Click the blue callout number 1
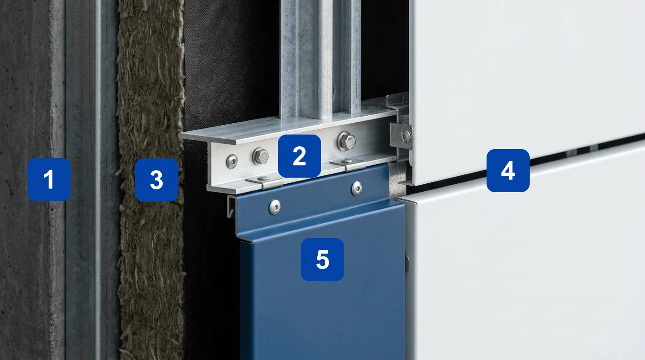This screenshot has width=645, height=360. coord(49,179)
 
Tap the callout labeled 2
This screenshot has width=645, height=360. coord(300,156)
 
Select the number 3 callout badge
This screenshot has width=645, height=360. coord(157,180)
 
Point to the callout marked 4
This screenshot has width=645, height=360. coord(508,171)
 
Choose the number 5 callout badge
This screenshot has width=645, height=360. coord(322,260)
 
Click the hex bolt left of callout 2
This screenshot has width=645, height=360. coord(261,156)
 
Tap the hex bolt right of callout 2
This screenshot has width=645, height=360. coord(346,141)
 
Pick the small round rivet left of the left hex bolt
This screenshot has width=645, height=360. coord(232,161)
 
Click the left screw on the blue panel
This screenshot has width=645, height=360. coord(275,207)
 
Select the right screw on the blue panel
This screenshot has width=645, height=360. coord(357,188)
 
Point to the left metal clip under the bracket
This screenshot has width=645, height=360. coord(265,181)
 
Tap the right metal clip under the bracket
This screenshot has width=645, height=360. coord(348,164)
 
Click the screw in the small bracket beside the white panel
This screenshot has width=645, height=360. coord(406,135)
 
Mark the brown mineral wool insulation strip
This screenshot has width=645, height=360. coord(151,180)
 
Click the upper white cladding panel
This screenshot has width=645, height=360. coord(527,86)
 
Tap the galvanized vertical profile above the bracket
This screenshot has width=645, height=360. coord(320,58)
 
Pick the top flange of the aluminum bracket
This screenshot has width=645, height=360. coord(288,127)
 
